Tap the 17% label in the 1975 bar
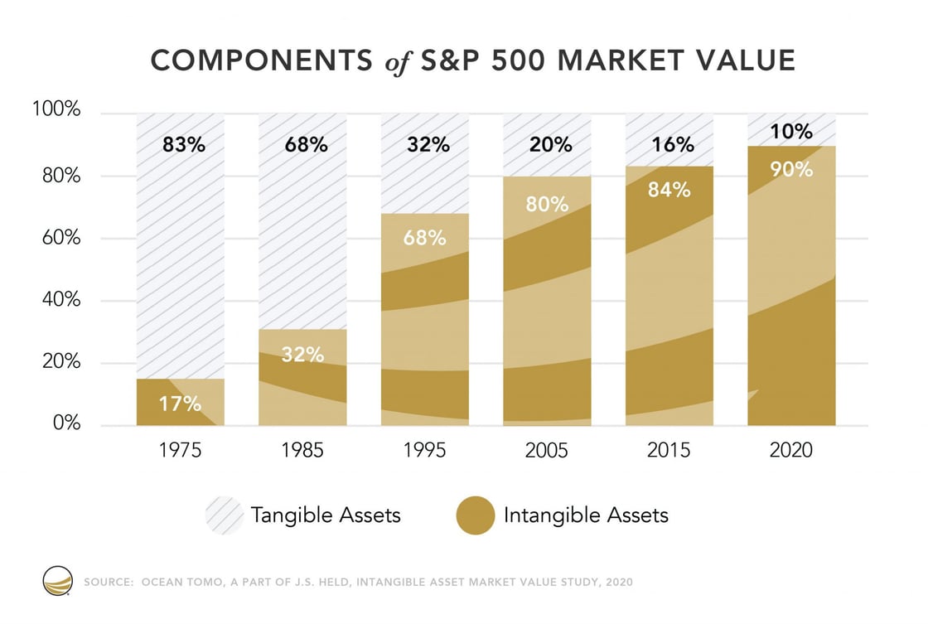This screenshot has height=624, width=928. point(180,404)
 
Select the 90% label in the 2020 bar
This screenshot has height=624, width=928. point(791,169)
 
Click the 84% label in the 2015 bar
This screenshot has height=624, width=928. point(669,190)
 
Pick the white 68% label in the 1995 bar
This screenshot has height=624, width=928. point(425,239)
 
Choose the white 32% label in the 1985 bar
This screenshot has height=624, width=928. point(302,355)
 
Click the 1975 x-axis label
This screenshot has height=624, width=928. point(180,451)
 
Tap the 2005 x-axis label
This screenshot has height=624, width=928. point(547,451)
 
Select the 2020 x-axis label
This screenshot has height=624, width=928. point(791,451)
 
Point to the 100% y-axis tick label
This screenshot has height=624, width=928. point(57,109)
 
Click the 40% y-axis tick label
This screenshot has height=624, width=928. point(61,300)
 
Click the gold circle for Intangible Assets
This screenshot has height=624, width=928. point(475,515)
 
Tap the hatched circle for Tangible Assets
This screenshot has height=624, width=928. point(225,515)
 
